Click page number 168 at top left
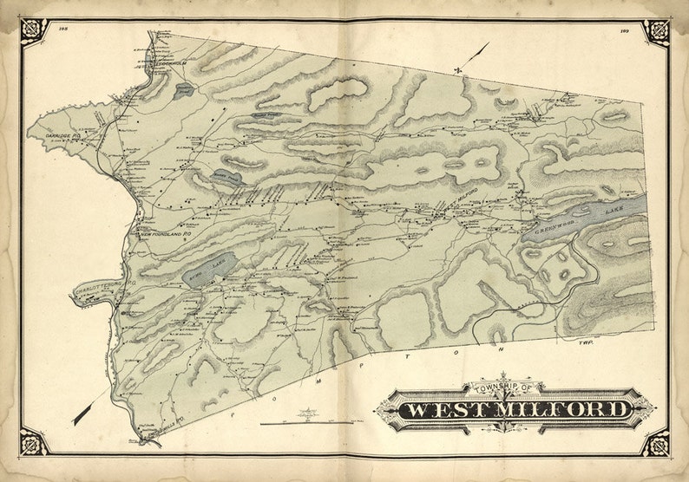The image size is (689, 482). (63, 29)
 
